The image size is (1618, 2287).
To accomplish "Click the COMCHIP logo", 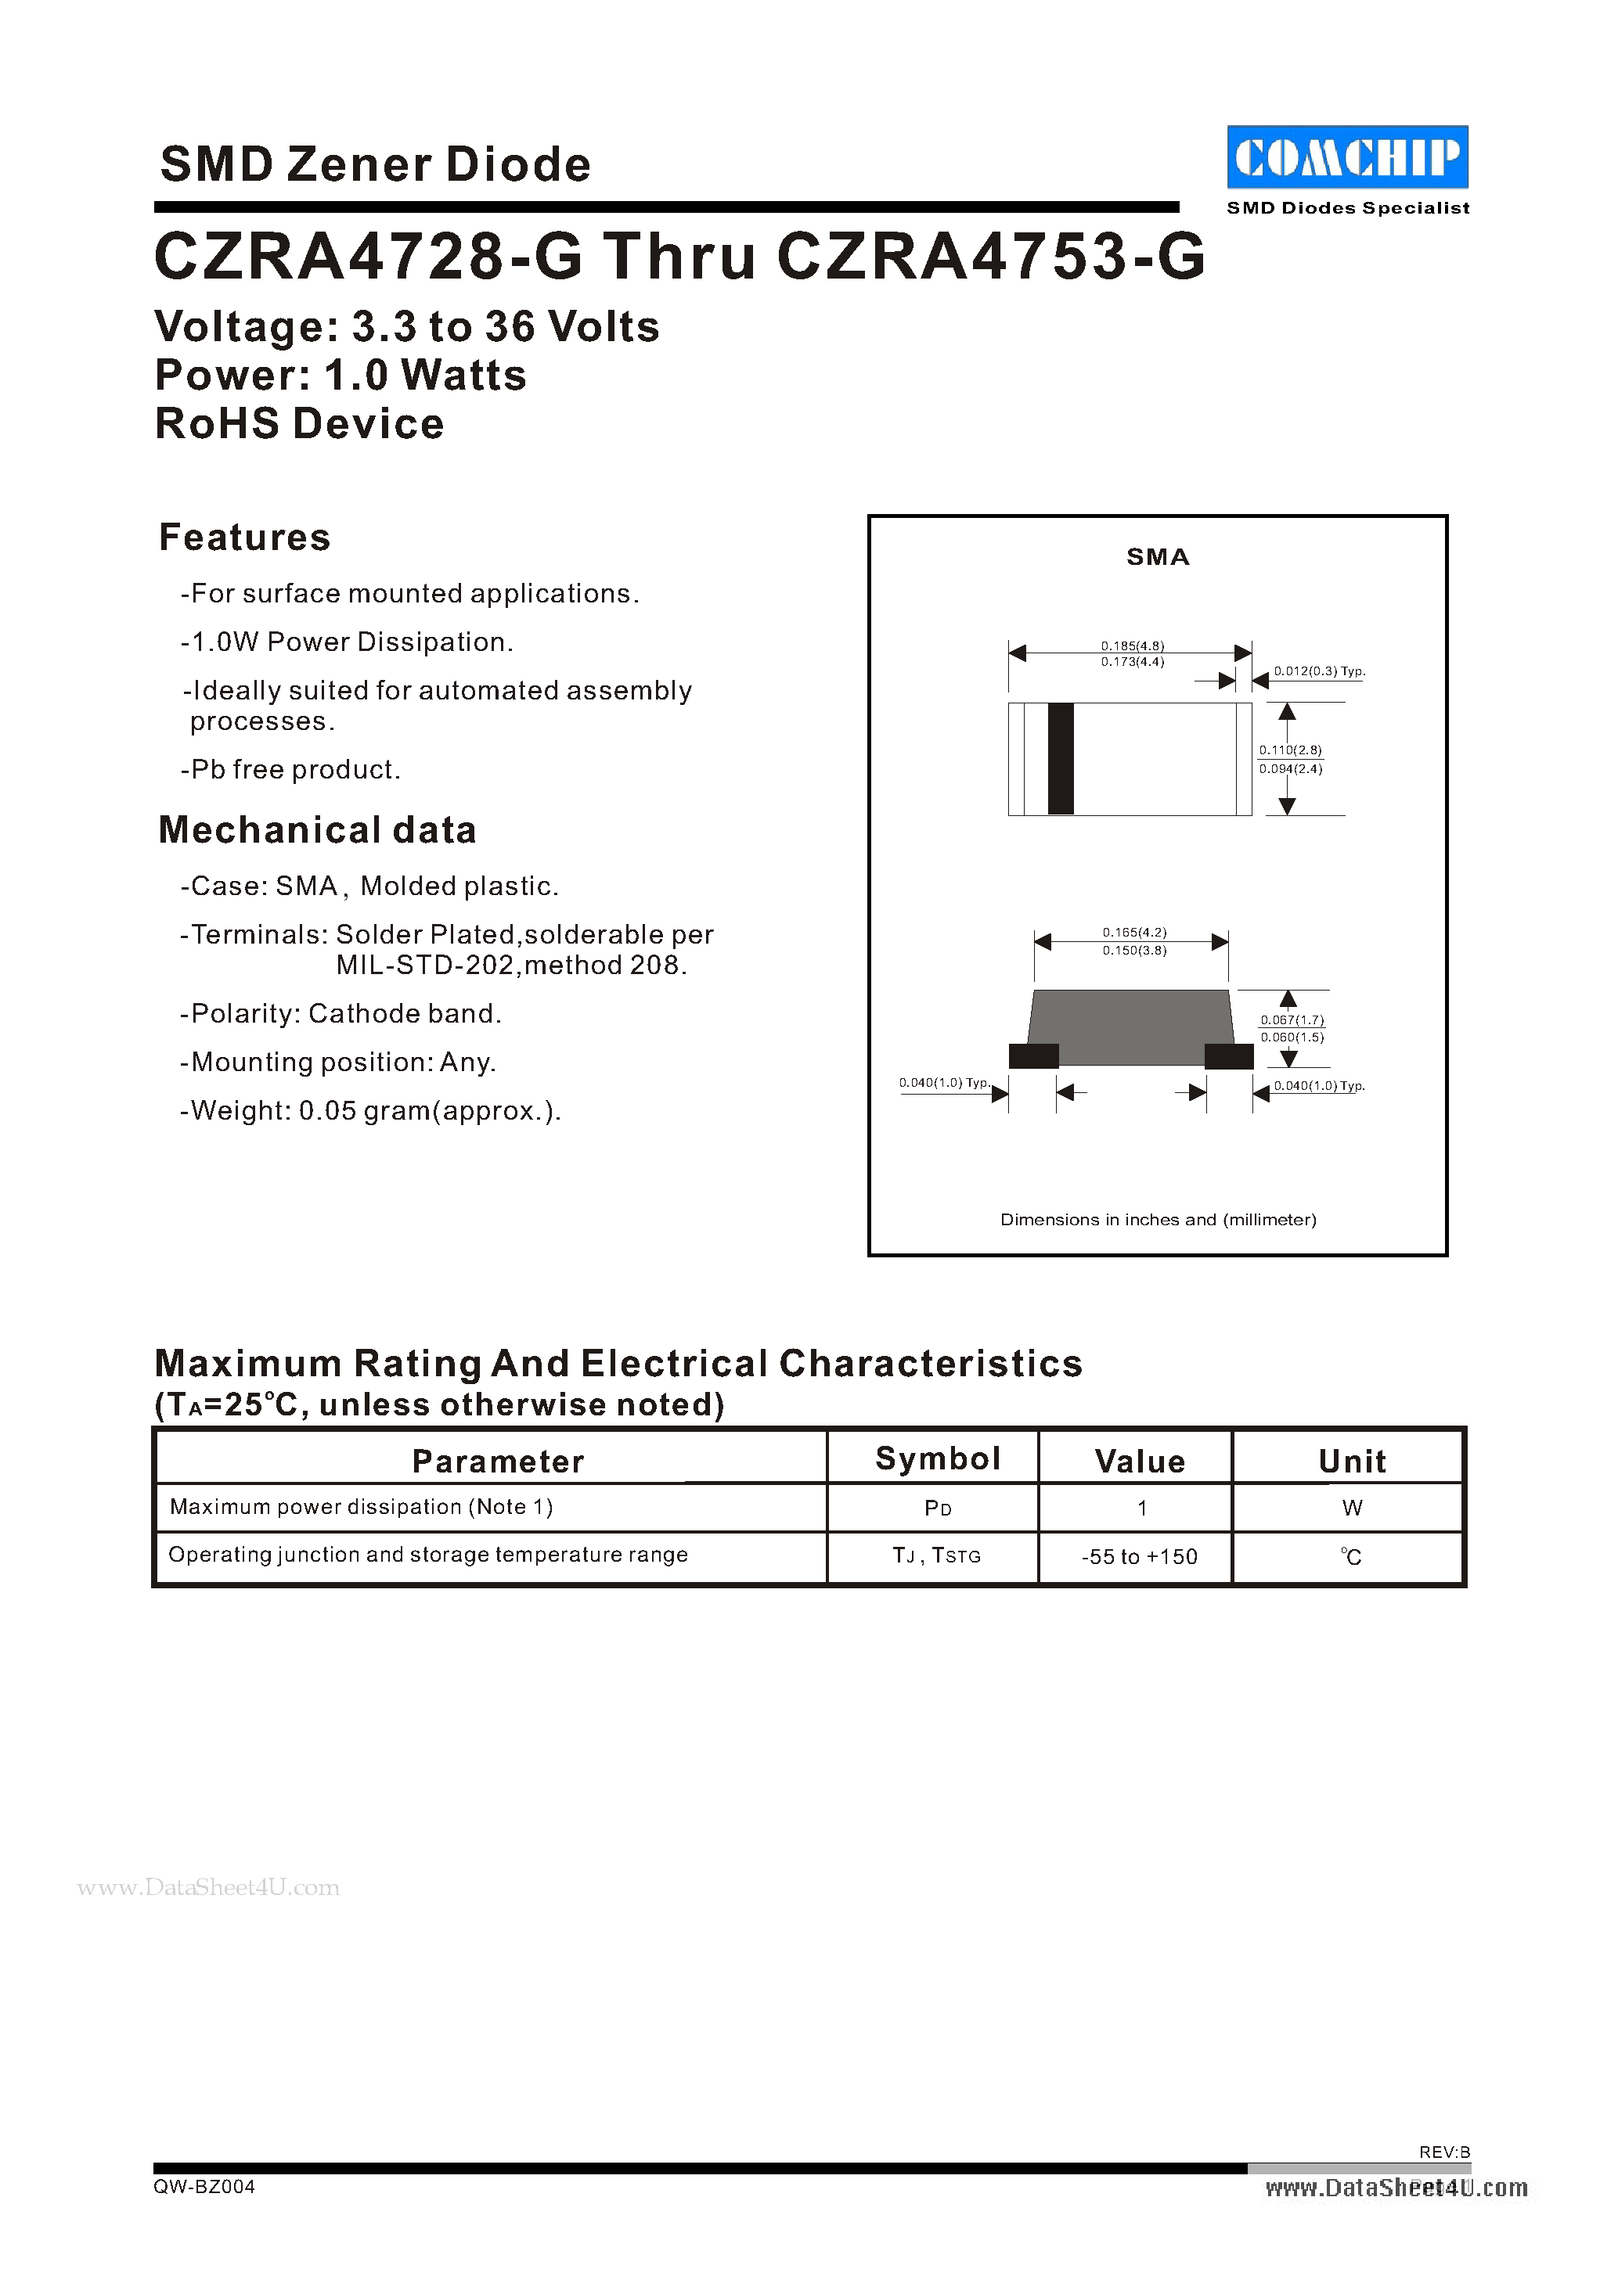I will click(x=1347, y=157).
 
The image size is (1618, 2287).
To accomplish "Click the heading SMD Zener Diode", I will click(x=376, y=164).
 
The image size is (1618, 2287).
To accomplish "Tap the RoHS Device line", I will click(x=300, y=424).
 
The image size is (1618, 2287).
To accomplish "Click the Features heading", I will click(x=245, y=538).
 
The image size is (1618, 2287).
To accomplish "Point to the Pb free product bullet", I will click(x=291, y=770).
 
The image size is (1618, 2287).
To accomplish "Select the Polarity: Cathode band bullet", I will click(x=341, y=1014).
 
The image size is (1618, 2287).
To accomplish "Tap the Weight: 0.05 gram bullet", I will click(x=370, y=1110).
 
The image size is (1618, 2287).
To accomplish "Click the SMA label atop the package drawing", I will click(x=1158, y=558).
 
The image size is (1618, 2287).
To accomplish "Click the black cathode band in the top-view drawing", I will click(x=1061, y=759).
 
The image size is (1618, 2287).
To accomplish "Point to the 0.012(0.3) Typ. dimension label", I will click(x=1319, y=671).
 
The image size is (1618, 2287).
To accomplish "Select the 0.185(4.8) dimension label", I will click(x=1132, y=645).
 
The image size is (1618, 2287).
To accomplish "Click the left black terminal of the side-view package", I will click(x=1033, y=1055).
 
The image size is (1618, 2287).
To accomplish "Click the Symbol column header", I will click(x=936, y=1459).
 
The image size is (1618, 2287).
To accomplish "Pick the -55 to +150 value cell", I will click(x=1139, y=1557).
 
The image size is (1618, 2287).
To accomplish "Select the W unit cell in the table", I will click(x=1351, y=1508).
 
